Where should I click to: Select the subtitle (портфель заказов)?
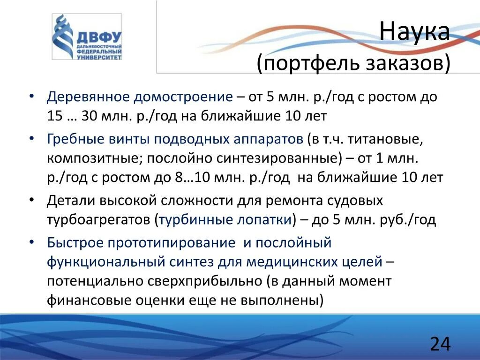(353, 63)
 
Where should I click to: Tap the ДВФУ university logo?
(87, 37)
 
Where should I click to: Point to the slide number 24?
(440, 344)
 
